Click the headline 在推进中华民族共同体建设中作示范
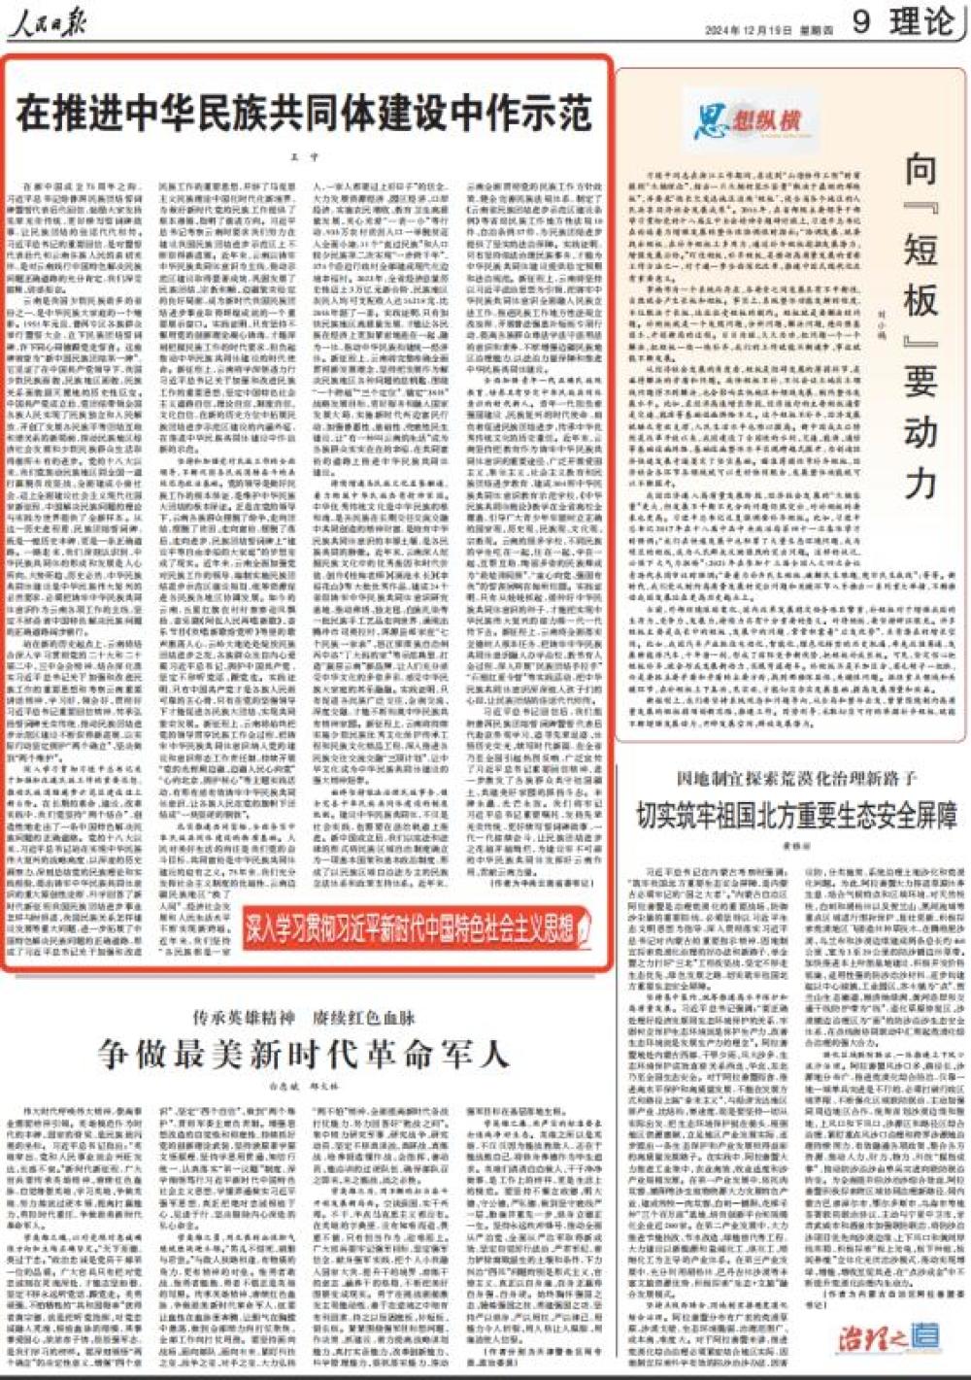304,113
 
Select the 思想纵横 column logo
749,120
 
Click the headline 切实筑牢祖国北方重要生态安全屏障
795,814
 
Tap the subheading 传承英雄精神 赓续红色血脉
304,1017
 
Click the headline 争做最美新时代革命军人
304,1054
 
